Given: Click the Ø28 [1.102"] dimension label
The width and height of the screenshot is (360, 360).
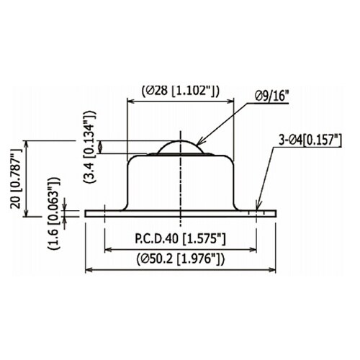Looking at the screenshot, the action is (180, 91).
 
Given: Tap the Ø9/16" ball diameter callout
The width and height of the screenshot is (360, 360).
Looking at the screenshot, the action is (272, 96).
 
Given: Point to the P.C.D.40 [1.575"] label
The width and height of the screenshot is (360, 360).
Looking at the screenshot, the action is (180, 239).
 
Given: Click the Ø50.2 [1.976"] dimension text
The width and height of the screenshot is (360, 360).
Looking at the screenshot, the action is (181, 259).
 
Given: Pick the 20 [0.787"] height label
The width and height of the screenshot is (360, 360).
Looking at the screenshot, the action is (16, 179).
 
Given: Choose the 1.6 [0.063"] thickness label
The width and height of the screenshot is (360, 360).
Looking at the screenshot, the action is (53, 213).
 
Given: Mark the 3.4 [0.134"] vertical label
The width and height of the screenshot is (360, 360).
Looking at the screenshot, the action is (90, 147).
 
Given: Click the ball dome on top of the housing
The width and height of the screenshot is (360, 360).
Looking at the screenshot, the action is (181, 147).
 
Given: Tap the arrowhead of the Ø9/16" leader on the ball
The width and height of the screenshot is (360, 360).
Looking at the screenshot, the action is (199, 143).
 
